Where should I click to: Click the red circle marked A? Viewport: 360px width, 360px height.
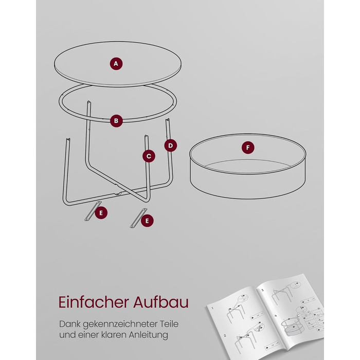tap(116, 64)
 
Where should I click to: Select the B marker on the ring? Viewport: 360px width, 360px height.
tap(116, 121)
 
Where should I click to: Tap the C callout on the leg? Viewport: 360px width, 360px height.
tap(149, 156)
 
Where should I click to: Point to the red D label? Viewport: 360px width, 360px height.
tap(170, 146)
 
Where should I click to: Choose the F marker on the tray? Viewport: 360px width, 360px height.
tap(248, 148)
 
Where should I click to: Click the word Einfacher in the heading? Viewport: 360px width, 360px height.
tap(94, 302)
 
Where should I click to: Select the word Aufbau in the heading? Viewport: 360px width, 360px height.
tap(161, 302)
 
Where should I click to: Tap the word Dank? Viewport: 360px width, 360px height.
tap(69, 324)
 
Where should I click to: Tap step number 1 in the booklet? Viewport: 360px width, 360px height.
tap(212, 308)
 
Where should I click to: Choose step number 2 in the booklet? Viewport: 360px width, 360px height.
tap(225, 335)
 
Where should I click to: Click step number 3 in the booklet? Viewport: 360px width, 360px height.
tap(262, 290)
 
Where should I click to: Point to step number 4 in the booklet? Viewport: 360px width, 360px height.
tap(276, 315)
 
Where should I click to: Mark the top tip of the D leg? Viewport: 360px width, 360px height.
tap(167, 119)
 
